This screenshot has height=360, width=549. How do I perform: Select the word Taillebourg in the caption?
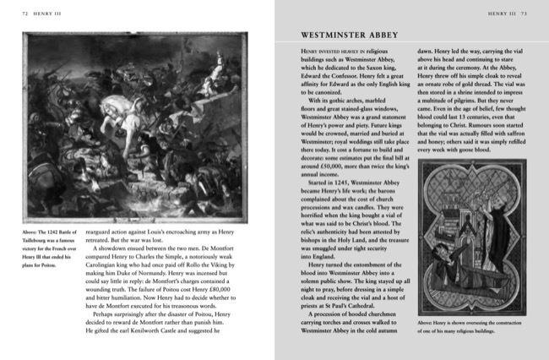click(x=41, y=238)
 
